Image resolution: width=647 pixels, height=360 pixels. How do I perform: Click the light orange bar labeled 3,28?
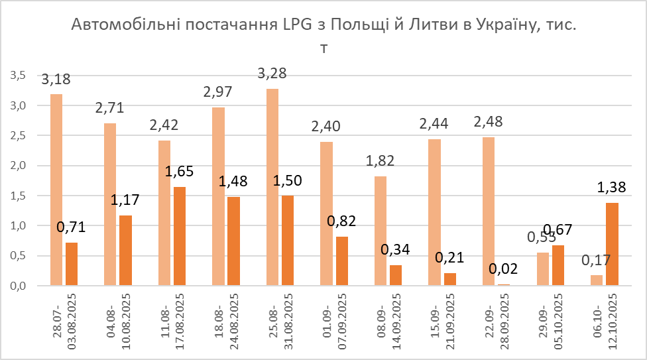click(x=272, y=187)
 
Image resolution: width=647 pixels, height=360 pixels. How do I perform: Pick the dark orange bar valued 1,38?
click(x=613, y=244)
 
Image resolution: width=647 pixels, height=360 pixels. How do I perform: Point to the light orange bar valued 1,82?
click(x=380, y=231)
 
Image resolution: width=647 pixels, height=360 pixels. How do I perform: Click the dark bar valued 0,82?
click(x=342, y=261)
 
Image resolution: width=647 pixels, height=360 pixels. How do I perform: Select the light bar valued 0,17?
click(x=596, y=280)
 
